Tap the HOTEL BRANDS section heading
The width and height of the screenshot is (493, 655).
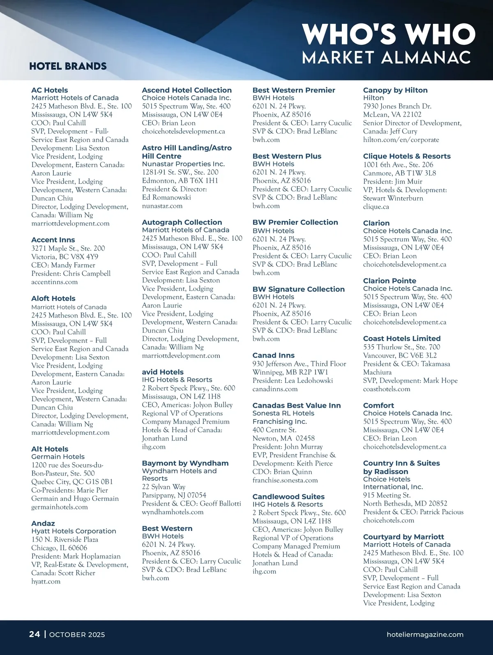(68, 66)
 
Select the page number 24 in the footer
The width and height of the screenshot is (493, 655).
(35, 634)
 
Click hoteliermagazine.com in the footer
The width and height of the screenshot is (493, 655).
(425, 634)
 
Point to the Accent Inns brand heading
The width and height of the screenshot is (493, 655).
(53, 240)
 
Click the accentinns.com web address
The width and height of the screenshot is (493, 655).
(54, 282)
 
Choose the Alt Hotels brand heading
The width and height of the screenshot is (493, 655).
(50, 449)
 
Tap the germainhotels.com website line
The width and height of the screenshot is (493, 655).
(59, 507)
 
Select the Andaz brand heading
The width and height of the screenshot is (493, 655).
(43, 523)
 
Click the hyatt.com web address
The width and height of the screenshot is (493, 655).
(46, 581)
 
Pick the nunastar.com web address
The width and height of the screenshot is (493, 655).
(162, 205)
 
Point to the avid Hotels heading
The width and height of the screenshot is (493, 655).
(163, 372)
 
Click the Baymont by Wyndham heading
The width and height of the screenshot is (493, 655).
(185, 463)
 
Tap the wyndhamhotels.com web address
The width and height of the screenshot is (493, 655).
(173, 512)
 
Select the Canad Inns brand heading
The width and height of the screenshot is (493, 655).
(273, 355)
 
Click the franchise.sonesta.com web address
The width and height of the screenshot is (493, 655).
(285, 480)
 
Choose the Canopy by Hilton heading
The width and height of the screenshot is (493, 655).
(395, 90)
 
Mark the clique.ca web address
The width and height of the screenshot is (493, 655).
(376, 207)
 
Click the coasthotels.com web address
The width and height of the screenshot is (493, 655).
(387, 389)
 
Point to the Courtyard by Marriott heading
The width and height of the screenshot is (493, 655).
(403, 537)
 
